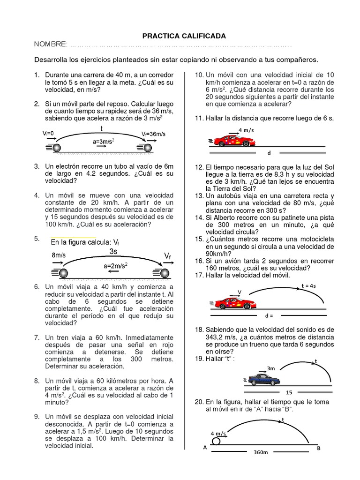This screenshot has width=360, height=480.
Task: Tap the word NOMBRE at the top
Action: tap(51, 44)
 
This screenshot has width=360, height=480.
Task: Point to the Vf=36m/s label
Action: tap(154, 134)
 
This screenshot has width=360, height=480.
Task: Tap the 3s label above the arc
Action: tap(113, 251)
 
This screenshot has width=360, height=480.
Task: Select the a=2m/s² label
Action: tap(116, 265)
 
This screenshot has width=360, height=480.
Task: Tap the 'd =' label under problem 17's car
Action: tap(268, 315)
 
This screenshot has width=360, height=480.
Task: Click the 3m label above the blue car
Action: tap(270, 368)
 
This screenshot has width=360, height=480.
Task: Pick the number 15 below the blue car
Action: tap(289, 392)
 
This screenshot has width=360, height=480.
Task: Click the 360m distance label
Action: tap(261, 453)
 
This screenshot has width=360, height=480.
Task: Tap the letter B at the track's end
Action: tap(319, 448)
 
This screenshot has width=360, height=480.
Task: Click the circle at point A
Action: tap(217, 441)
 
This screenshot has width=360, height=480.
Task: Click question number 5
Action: tap(37, 239)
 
